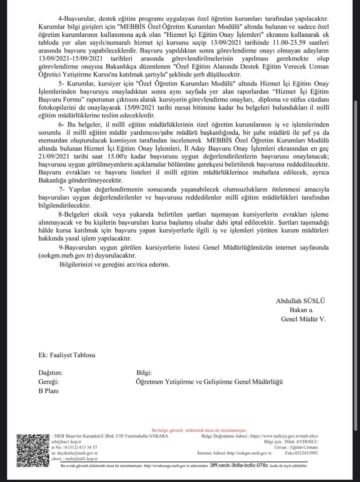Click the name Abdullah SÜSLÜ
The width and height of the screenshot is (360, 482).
coord(301,301)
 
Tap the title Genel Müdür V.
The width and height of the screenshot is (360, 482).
coord(304,319)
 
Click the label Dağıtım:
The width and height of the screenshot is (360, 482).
coord(50,373)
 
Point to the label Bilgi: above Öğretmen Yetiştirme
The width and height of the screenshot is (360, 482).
coord(144,373)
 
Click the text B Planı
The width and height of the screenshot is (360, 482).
coord(49,391)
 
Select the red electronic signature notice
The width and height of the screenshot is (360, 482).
coord(199,430)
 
